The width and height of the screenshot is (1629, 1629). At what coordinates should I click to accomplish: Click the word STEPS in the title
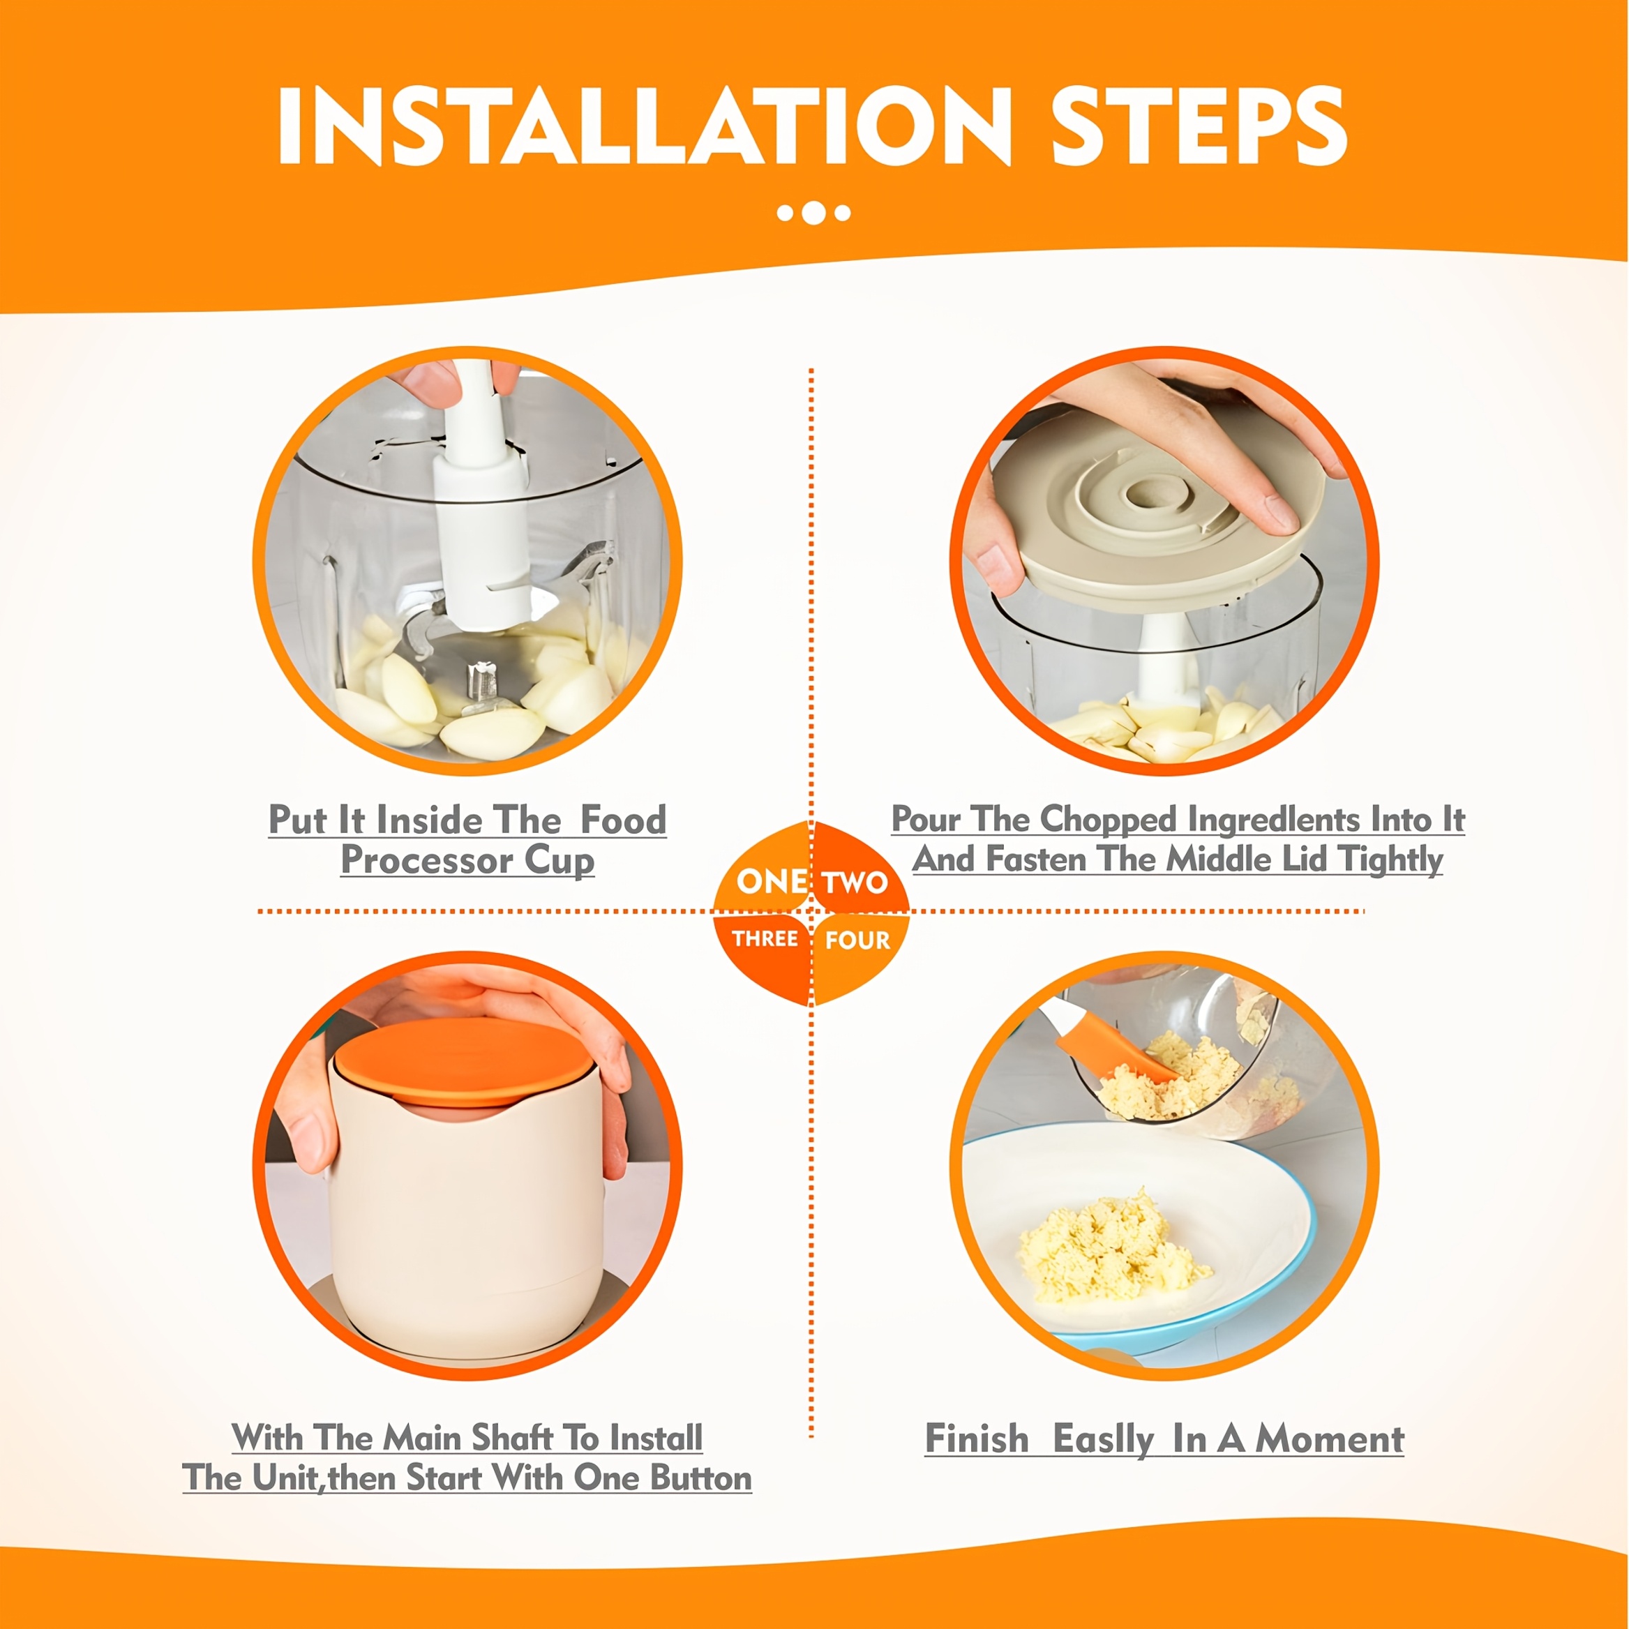(1199, 127)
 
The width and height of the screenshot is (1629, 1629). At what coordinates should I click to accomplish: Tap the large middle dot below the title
(813, 213)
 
